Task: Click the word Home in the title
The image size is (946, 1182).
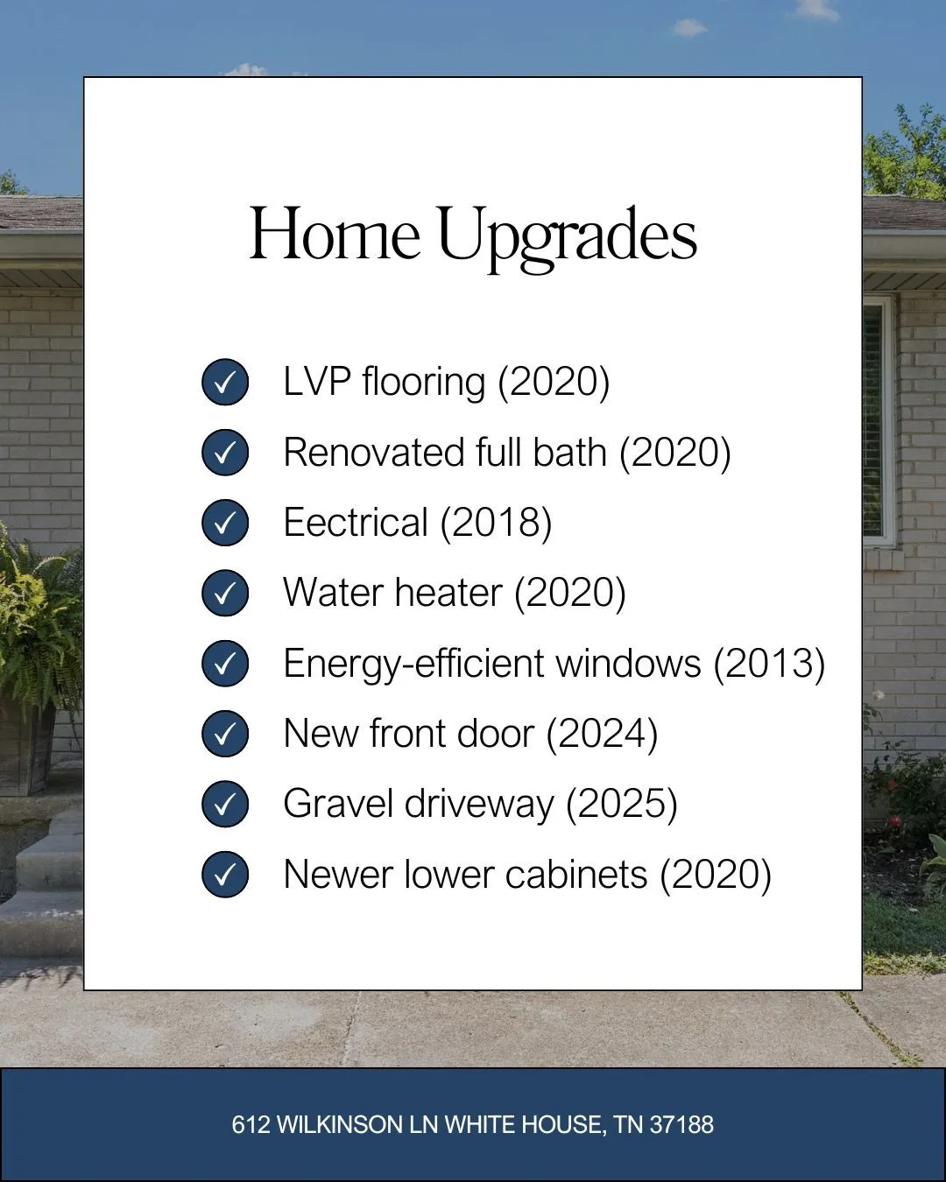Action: (x=335, y=233)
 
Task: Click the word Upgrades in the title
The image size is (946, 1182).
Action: (x=568, y=238)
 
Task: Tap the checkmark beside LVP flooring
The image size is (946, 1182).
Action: (x=225, y=382)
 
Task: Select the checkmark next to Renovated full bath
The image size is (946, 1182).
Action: (x=225, y=452)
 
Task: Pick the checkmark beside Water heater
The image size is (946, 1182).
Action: (x=225, y=593)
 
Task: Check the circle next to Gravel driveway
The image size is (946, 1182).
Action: (x=225, y=804)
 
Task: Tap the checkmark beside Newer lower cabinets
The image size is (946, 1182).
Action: (x=225, y=874)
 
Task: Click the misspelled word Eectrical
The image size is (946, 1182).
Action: (x=356, y=522)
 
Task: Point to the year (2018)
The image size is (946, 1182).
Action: (x=497, y=523)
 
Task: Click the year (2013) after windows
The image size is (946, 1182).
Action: (x=770, y=664)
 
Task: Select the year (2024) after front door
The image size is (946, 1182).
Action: (x=602, y=734)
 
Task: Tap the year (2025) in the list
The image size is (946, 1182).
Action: (x=622, y=804)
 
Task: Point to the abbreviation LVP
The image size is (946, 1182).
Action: (x=317, y=381)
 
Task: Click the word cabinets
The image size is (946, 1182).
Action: (x=576, y=874)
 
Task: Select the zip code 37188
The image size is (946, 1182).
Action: (x=681, y=1124)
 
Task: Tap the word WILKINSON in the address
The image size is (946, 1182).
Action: (x=340, y=1124)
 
